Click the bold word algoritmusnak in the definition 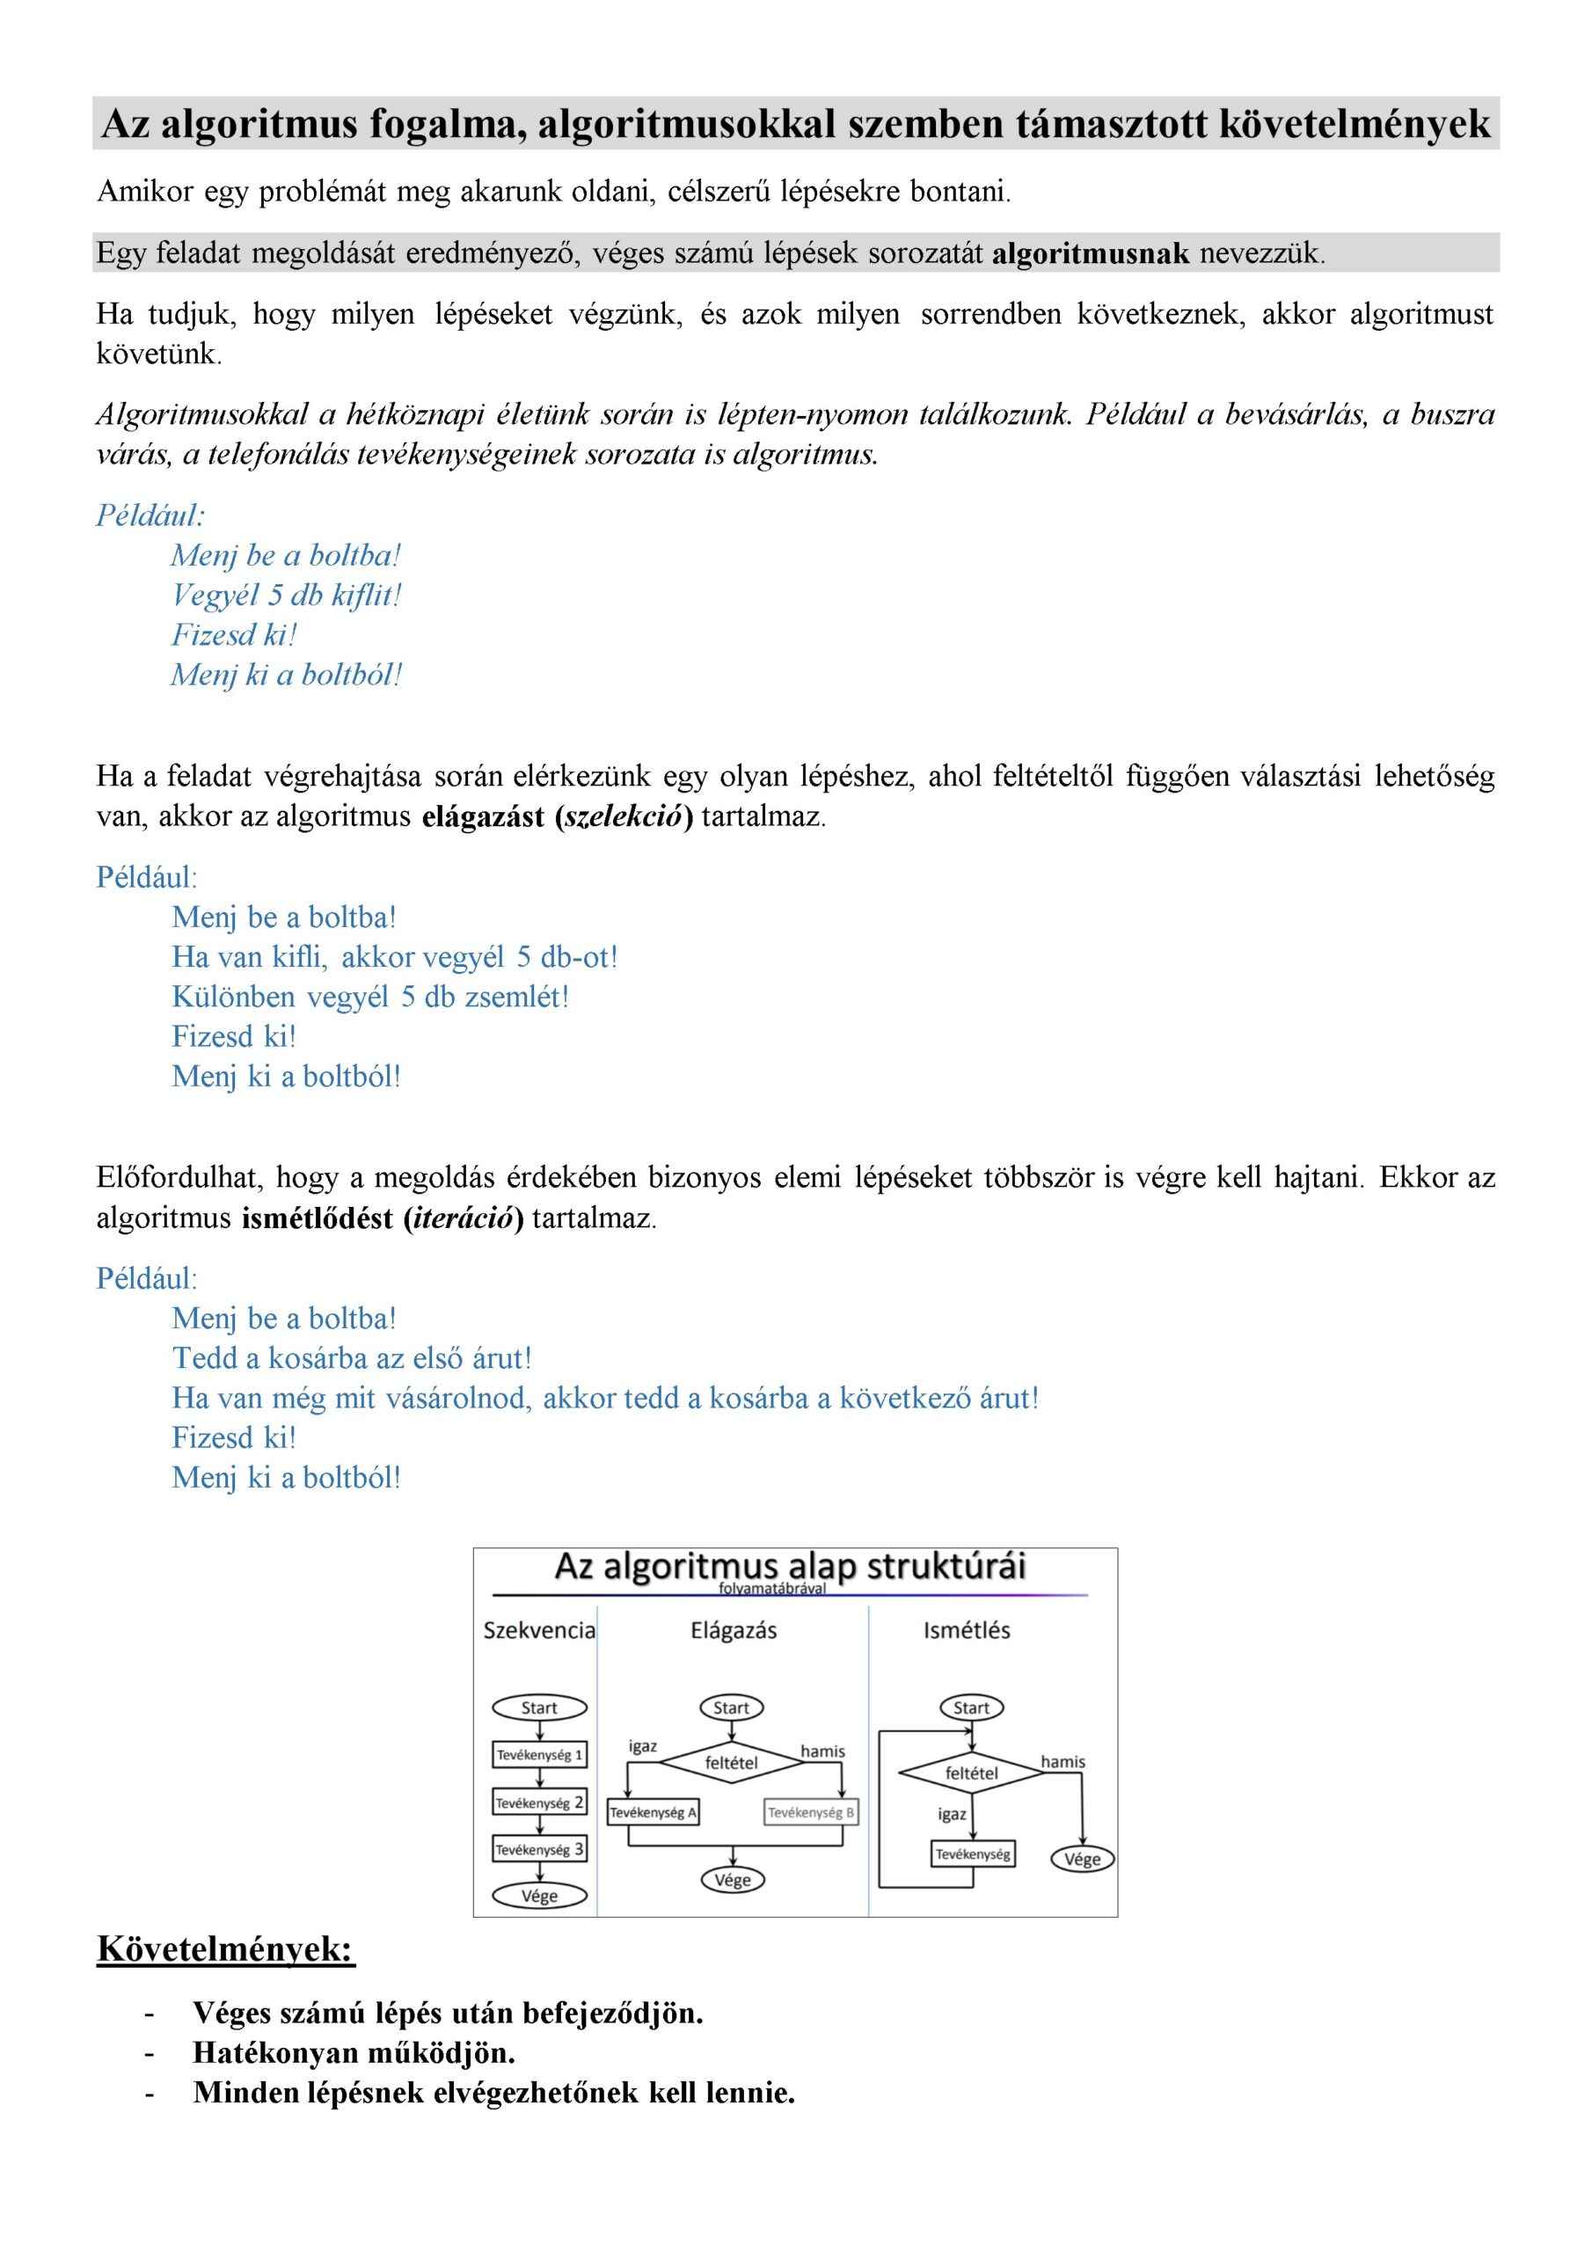[1090, 254]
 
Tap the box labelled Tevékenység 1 [539, 1755]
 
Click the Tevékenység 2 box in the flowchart [539, 1802]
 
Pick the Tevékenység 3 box [539, 1850]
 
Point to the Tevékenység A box [654, 1812]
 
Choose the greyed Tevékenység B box [810, 1812]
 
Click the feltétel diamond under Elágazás [731, 1763]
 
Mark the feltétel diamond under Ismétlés [971, 1773]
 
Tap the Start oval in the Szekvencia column [539, 1707]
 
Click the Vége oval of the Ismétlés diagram [1082, 1859]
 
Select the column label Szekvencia [539, 1630]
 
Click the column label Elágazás [734, 1630]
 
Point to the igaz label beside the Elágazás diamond [642, 1747]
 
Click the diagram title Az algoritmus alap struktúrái [790, 1567]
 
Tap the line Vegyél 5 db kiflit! [287, 596]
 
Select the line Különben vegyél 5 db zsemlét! [369, 997]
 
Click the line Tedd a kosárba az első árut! [351, 1358]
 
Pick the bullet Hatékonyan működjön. [354, 2052]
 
